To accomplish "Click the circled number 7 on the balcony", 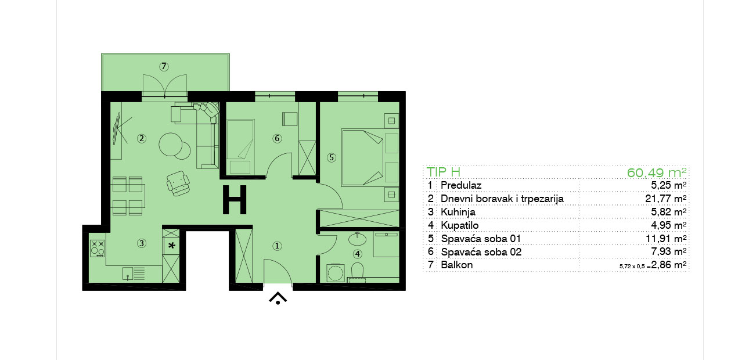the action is pyautogui.click(x=164, y=67).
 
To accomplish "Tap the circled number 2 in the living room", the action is pyautogui.click(x=142, y=138).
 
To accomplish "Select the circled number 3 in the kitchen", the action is pyautogui.click(x=142, y=243).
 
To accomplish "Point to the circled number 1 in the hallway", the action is pyautogui.click(x=277, y=246).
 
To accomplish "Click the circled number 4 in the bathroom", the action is pyautogui.click(x=358, y=254).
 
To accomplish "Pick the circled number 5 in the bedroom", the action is pyautogui.click(x=332, y=157).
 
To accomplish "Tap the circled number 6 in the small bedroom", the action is pyautogui.click(x=277, y=138).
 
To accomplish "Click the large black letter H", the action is pyautogui.click(x=235, y=200).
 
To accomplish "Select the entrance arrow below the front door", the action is pyautogui.click(x=278, y=298).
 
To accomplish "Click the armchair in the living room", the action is pyautogui.click(x=178, y=183).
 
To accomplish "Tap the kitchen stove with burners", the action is pyautogui.click(x=98, y=249).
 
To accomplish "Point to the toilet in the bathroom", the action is pyautogui.click(x=358, y=270).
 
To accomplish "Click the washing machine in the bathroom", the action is pyautogui.click(x=336, y=273).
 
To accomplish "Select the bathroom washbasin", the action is pyautogui.click(x=358, y=239).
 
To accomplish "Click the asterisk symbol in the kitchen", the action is pyautogui.click(x=171, y=246).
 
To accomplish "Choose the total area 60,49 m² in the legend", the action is pyautogui.click(x=657, y=172).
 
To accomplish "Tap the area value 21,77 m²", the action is pyautogui.click(x=666, y=199).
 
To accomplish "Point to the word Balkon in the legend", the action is pyautogui.click(x=457, y=265).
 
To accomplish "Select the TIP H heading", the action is pyautogui.click(x=444, y=172).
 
